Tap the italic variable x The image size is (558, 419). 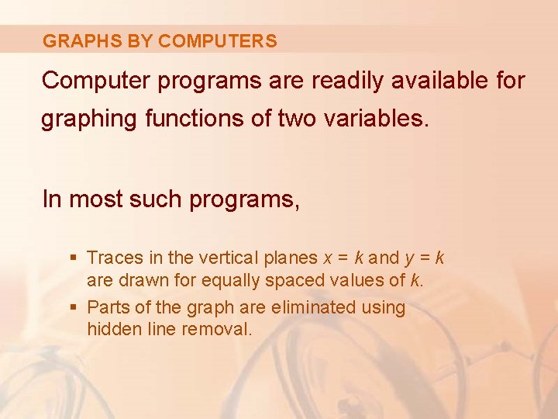(329, 258)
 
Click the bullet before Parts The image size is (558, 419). (74, 307)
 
